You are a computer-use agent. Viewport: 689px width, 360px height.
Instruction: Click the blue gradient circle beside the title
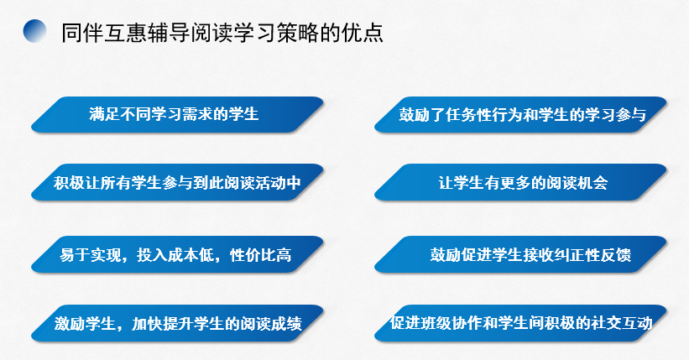[34, 31]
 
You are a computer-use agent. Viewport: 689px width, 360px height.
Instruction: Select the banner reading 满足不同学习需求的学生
[178, 114]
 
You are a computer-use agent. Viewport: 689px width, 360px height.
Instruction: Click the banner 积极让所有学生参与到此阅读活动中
[178, 182]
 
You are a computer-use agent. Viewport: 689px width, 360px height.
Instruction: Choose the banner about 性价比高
[178, 254]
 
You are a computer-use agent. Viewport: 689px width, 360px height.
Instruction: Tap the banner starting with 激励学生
[178, 323]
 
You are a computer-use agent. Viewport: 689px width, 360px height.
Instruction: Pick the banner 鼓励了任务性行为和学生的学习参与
[520, 114]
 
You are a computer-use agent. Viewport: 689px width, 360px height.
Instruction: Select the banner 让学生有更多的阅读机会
[520, 182]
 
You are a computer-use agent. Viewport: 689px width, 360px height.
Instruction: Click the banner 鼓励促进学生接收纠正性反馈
[520, 254]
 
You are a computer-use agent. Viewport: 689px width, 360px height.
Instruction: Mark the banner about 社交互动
[520, 323]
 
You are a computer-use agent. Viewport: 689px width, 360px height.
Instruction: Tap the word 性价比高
[261, 255]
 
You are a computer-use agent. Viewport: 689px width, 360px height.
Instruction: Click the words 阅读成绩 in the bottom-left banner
[271, 324]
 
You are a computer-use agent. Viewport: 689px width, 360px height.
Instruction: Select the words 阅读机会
[577, 182]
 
